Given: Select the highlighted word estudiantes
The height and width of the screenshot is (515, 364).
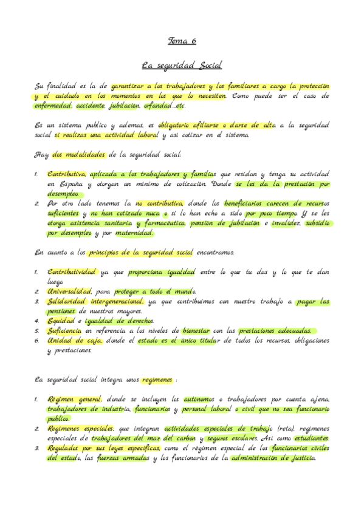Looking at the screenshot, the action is [311, 438].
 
